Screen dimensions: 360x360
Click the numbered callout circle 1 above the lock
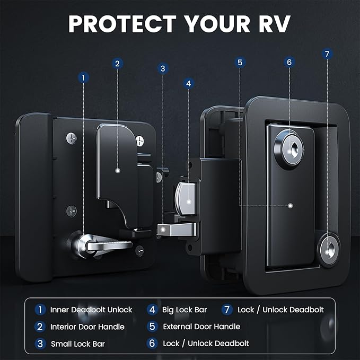[83, 78]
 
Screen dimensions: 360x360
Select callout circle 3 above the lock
[163, 68]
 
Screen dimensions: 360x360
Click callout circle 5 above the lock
[240, 63]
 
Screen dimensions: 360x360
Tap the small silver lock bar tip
[164, 229]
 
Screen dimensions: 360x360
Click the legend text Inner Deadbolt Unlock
[91, 310]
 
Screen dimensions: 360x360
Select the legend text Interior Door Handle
[87, 327]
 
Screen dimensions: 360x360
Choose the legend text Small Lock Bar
[78, 344]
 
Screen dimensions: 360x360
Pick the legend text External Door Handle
[198, 327]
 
